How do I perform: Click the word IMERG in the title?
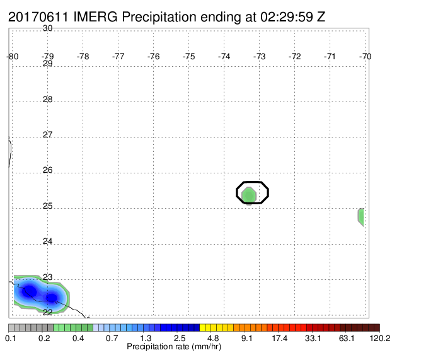95,17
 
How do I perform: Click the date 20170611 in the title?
38,17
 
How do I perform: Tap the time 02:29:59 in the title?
287,17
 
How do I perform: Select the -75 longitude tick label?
188,56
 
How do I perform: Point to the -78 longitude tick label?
83,56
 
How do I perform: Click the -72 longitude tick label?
294,56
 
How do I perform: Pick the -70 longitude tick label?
365,56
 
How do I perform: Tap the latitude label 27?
47,134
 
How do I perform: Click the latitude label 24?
47,241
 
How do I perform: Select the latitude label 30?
47,28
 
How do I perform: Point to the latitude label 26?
47,170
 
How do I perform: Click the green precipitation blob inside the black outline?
249,195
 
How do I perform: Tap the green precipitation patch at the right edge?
361,217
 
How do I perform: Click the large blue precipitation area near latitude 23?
40,293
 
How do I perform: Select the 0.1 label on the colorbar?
11,338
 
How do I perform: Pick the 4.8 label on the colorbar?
213,338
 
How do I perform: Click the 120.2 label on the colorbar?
380,338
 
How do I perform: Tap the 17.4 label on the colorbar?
280,338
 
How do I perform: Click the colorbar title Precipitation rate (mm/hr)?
174,347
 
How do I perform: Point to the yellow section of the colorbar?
216,327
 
